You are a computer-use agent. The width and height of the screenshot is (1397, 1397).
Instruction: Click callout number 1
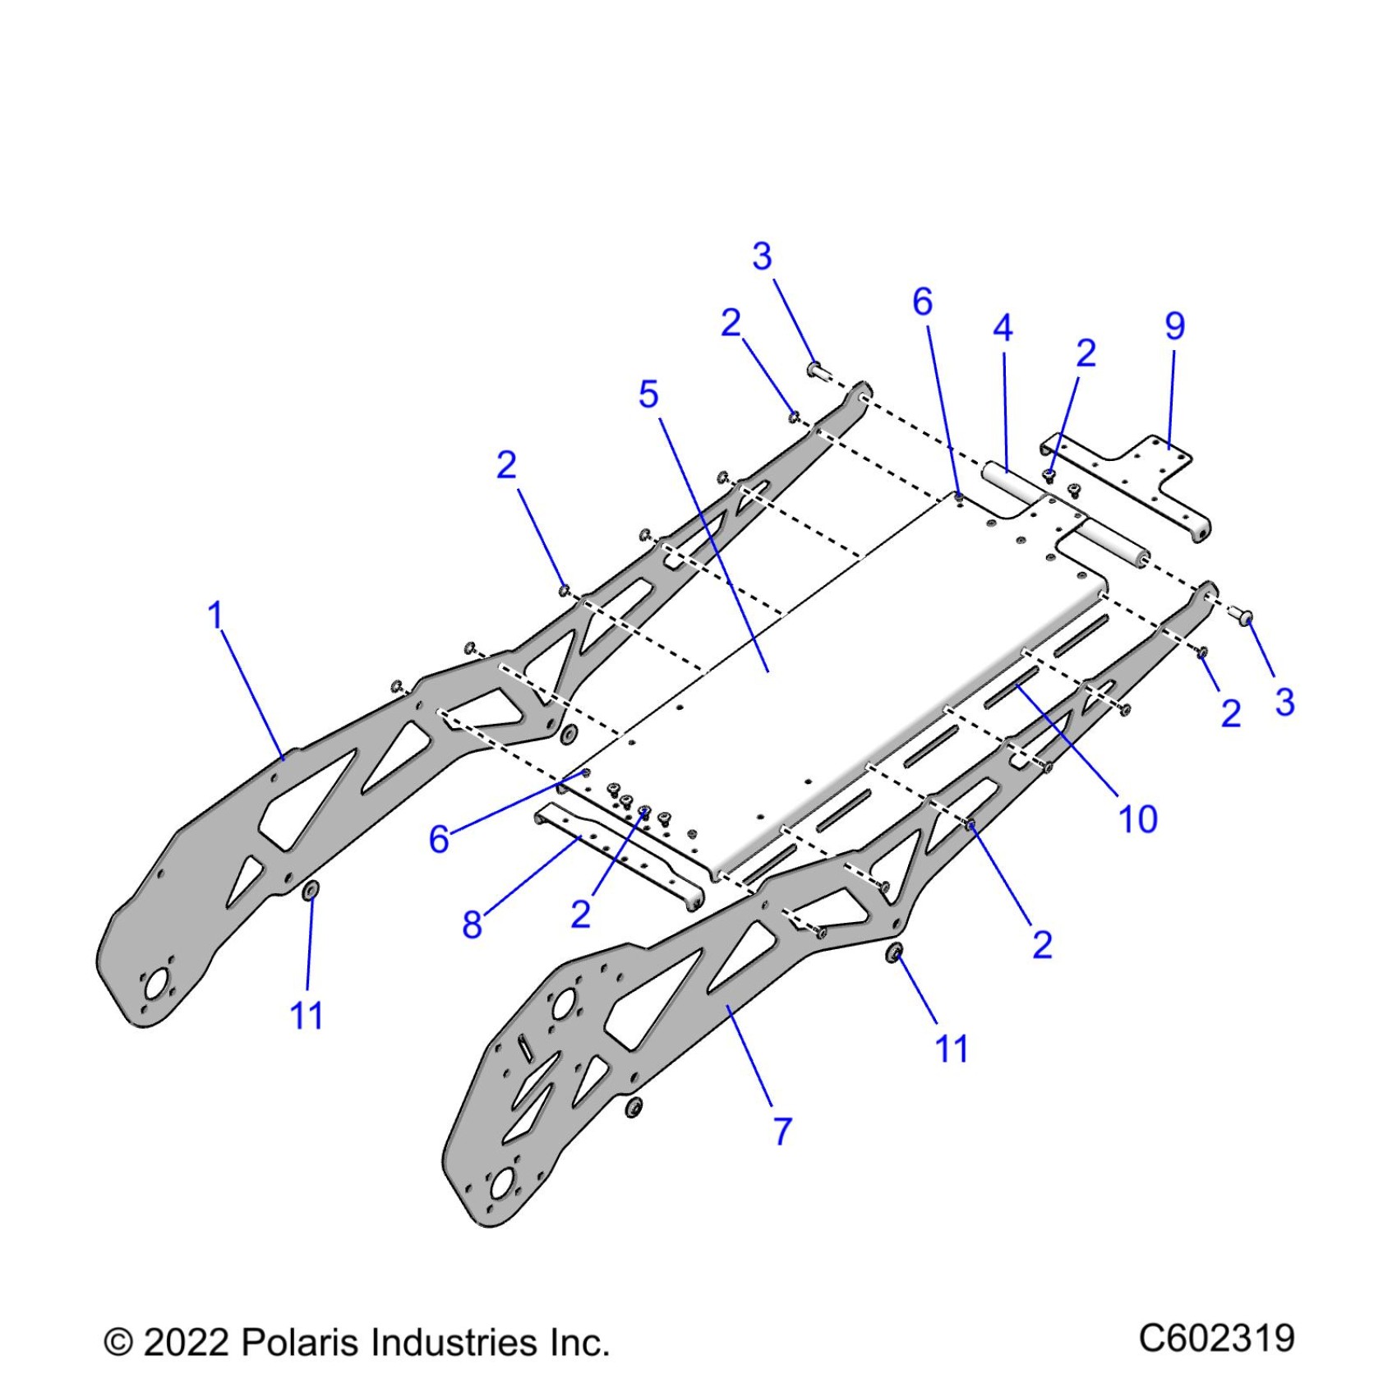coord(215,615)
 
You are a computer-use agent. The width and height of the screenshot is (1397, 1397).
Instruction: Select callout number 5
coord(648,394)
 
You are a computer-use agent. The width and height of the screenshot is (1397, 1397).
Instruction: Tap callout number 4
coord(1003,329)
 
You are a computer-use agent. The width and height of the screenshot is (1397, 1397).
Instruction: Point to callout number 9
coord(1175,326)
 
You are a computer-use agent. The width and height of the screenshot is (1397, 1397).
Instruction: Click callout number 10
coord(1138,818)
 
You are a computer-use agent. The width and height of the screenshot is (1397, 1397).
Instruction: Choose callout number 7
coord(782,1131)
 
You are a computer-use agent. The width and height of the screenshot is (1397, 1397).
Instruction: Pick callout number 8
coord(472,924)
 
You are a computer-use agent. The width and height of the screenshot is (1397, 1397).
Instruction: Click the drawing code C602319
coord(1216,1339)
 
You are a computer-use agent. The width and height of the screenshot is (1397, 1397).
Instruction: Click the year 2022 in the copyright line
coord(187,1343)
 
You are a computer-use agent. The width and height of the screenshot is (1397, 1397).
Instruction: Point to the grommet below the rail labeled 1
coord(311,891)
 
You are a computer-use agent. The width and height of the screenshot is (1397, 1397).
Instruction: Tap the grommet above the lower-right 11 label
coord(895,953)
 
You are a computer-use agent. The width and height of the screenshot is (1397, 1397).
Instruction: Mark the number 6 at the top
coord(923,302)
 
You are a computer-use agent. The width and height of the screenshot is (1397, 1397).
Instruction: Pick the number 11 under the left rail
coord(307,1016)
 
